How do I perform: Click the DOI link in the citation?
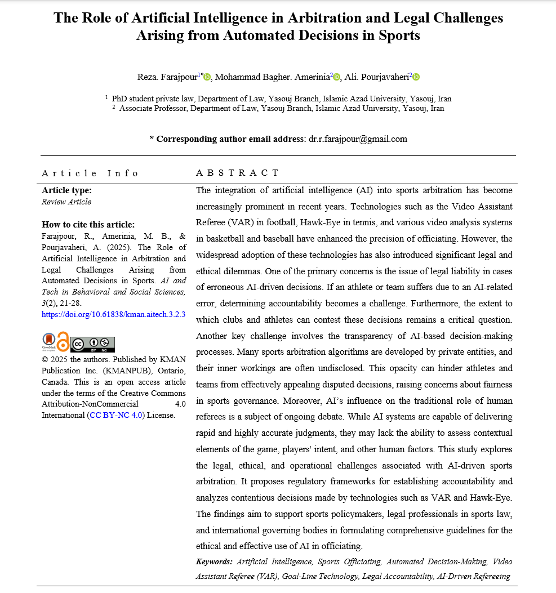113,314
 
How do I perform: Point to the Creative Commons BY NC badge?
92,344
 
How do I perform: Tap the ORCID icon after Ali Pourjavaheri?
416,77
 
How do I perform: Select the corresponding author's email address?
358,139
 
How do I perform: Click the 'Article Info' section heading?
90,173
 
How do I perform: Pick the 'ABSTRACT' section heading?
237,173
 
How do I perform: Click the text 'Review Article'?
66,202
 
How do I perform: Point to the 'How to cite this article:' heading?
88,224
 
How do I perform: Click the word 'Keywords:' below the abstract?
214,561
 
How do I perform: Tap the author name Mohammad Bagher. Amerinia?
272,77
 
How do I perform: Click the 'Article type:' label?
66,190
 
